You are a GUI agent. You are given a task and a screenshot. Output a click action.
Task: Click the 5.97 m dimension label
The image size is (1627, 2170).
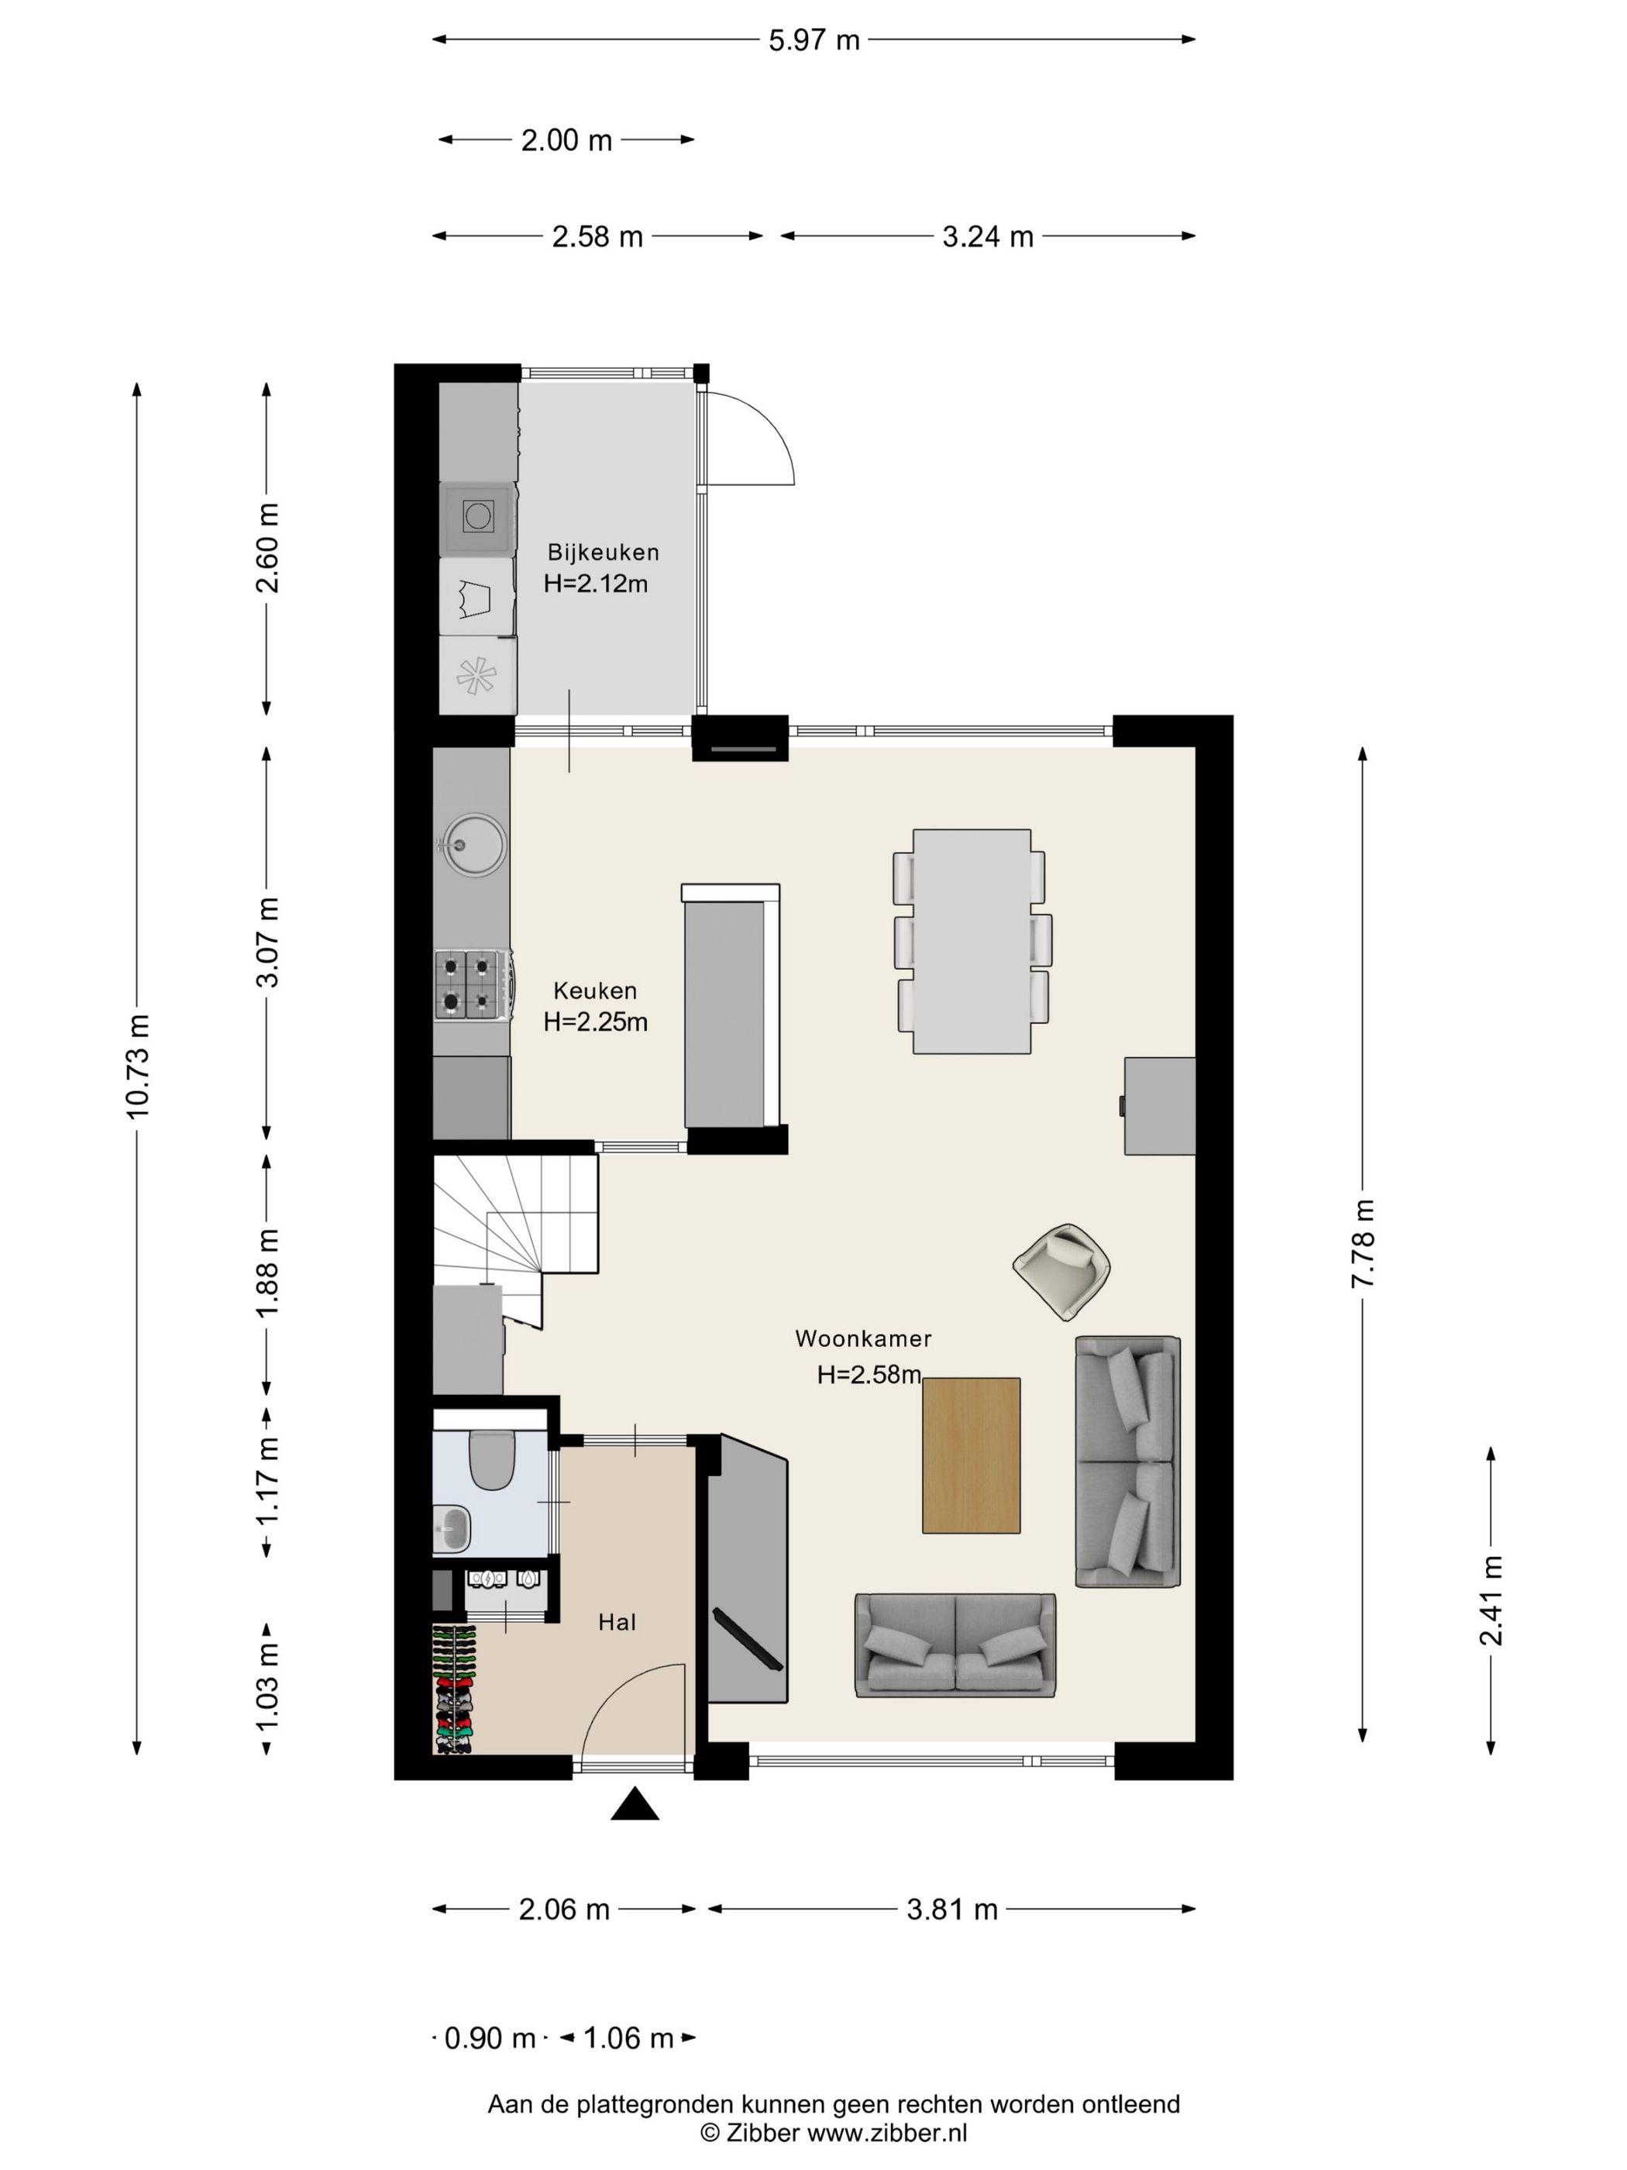point(813,40)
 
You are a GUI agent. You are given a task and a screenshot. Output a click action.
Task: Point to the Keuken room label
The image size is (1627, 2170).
point(595,990)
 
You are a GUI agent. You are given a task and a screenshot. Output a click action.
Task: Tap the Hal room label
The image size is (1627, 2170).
point(617,1623)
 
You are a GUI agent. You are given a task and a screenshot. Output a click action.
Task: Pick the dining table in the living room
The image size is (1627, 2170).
point(971,941)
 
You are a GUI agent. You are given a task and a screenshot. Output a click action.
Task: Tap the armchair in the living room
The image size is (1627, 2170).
point(1062,1270)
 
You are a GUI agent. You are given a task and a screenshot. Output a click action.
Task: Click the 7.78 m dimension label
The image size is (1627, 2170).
point(1364,1243)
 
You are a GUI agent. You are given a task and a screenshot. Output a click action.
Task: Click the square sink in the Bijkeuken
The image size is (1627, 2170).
point(477,516)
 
